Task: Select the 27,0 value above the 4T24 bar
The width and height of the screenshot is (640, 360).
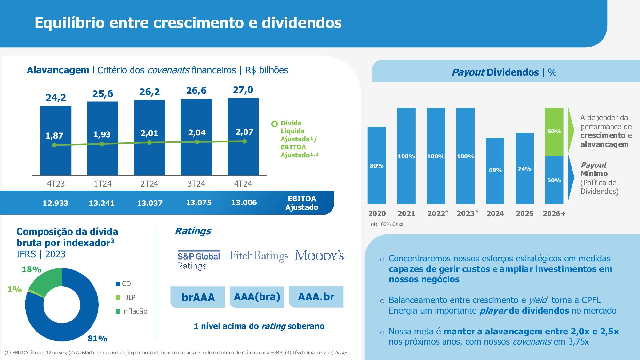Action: click(243, 90)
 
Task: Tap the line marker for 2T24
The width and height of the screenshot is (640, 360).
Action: click(149, 142)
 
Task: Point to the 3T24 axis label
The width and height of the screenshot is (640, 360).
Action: click(196, 184)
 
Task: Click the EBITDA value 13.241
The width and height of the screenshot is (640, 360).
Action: click(101, 203)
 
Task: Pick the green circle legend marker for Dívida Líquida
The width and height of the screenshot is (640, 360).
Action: click(274, 124)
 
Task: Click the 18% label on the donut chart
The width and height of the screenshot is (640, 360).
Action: click(31, 270)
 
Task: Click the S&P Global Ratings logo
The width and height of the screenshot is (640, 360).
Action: click(199, 260)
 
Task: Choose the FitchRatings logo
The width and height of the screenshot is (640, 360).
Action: click(259, 256)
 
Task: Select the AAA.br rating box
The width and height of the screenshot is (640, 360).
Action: click(316, 297)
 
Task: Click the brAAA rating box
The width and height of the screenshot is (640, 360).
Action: click(198, 297)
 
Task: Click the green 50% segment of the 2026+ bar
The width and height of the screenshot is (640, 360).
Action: click(554, 132)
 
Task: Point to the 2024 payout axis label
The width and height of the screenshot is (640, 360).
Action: click(495, 213)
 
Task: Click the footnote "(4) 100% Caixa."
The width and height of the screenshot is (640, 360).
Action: click(388, 224)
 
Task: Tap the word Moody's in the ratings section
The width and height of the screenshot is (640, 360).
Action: click(319, 255)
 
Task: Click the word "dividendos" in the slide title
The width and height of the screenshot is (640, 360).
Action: click(301, 23)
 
